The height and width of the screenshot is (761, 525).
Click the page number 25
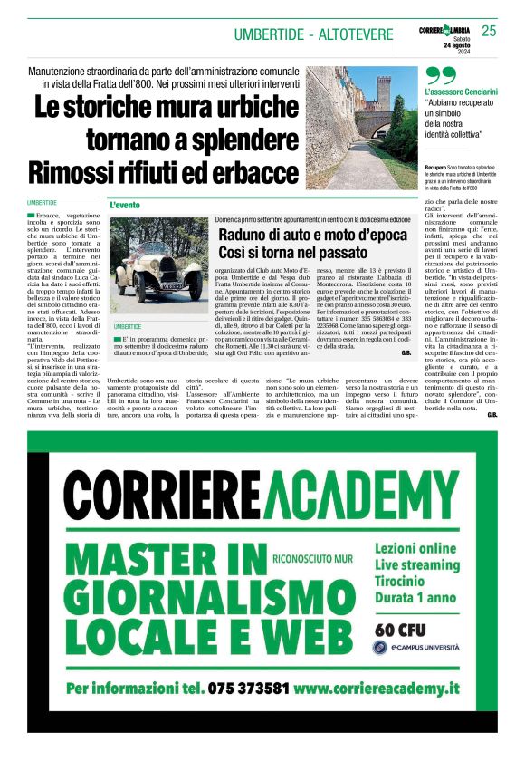point(489,32)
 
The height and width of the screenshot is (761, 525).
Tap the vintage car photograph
point(158,266)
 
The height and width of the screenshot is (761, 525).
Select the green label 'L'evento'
point(126,206)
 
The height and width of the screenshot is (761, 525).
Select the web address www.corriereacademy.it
point(377,689)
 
